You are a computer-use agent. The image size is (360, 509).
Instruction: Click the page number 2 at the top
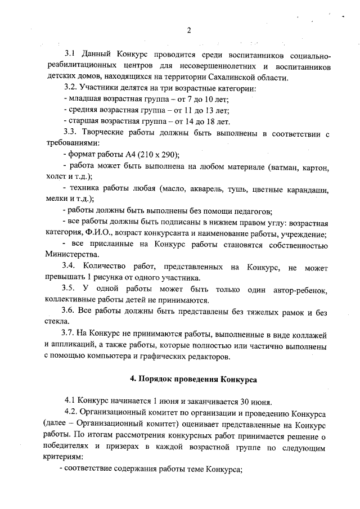point(190,30)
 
